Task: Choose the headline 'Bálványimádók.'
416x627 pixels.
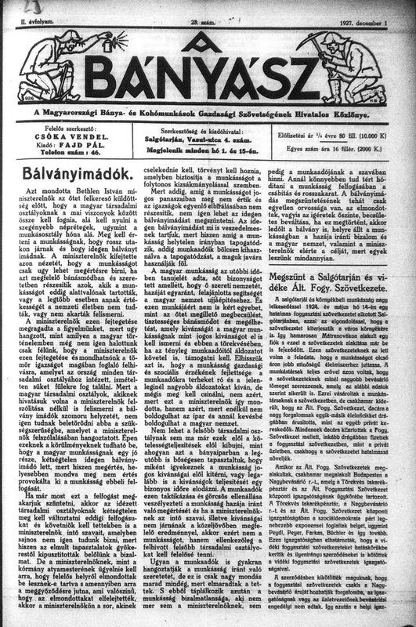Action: point(73,168)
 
